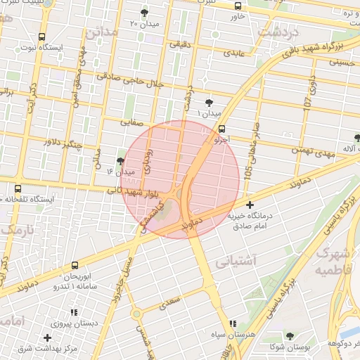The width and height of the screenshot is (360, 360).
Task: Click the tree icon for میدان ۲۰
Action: [145, 13]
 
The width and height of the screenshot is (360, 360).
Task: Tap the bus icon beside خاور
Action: [237, 6]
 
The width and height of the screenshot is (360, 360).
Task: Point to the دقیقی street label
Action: [179, 44]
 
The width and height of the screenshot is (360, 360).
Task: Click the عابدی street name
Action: [233, 53]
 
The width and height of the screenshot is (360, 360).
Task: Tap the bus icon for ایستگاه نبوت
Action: [41, 37]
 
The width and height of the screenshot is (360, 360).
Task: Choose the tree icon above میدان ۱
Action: [209, 103]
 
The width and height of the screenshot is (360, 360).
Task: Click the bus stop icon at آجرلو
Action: [222, 129]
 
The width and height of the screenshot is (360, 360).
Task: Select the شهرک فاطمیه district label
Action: [332, 261]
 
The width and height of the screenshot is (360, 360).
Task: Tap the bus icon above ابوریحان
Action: [75, 266]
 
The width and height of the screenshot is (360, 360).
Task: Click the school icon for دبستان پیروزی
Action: [74, 312]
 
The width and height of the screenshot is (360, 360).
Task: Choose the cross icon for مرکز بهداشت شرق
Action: [47, 338]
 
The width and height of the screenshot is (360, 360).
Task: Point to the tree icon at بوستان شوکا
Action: [290, 336]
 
